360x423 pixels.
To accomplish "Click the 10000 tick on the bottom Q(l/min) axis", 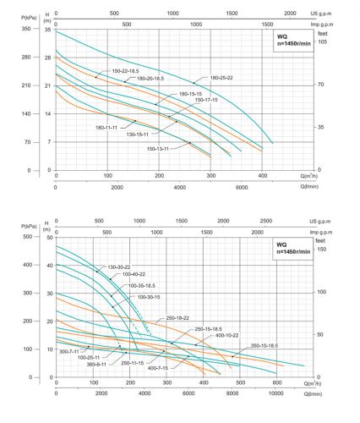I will click(276, 394).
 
